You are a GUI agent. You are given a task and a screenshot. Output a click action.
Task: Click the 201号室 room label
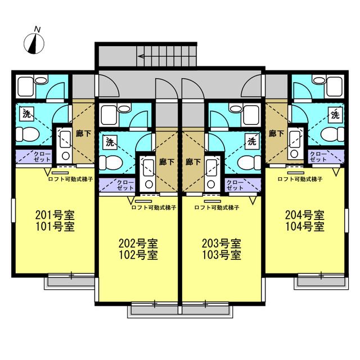[x=55, y=215]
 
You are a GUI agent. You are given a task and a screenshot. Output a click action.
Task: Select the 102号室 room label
[x=138, y=254]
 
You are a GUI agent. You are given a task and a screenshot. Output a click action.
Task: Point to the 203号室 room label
[x=222, y=244]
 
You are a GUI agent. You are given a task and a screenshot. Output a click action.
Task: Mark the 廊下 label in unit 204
[x=276, y=134]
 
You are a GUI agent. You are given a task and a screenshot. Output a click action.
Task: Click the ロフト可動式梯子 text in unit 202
[x=154, y=207]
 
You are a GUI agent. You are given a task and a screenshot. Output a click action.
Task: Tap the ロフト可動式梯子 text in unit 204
[x=300, y=179]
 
